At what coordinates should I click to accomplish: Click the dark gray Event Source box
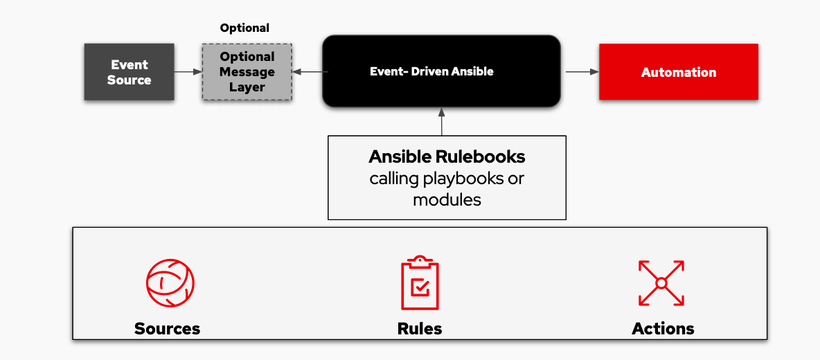(x=129, y=72)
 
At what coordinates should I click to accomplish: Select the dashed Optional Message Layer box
(x=247, y=72)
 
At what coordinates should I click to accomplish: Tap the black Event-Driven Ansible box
(x=441, y=71)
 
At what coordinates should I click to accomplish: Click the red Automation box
(x=678, y=72)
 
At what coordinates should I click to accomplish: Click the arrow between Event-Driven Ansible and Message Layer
(x=307, y=72)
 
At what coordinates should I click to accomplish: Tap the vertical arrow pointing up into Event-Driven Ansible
(x=441, y=121)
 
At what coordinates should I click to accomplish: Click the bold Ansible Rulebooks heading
(x=447, y=156)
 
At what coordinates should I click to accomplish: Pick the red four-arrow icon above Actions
(x=661, y=283)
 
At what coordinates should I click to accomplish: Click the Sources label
(x=167, y=328)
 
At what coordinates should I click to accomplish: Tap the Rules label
(x=420, y=328)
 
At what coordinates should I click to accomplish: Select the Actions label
(x=663, y=328)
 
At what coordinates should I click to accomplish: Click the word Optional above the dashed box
(x=244, y=28)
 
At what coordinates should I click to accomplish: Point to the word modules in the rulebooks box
(x=447, y=200)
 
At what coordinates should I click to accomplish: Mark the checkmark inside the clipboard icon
(x=420, y=287)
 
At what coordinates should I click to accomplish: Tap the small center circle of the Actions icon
(x=661, y=283)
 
